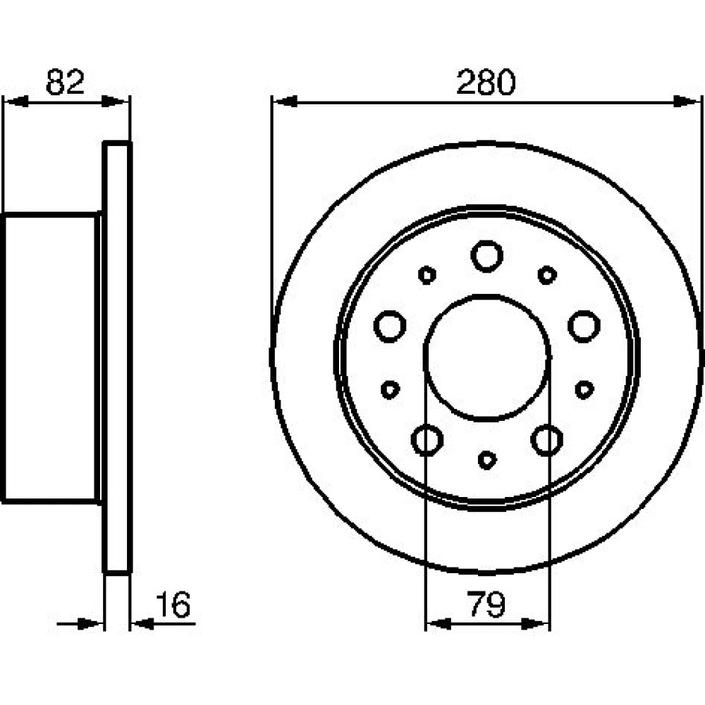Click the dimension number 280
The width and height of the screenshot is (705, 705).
tap(486, 82)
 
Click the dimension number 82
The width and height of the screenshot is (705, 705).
tap(65, 82)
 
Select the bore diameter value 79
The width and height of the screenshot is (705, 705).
tap(486, 604)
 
